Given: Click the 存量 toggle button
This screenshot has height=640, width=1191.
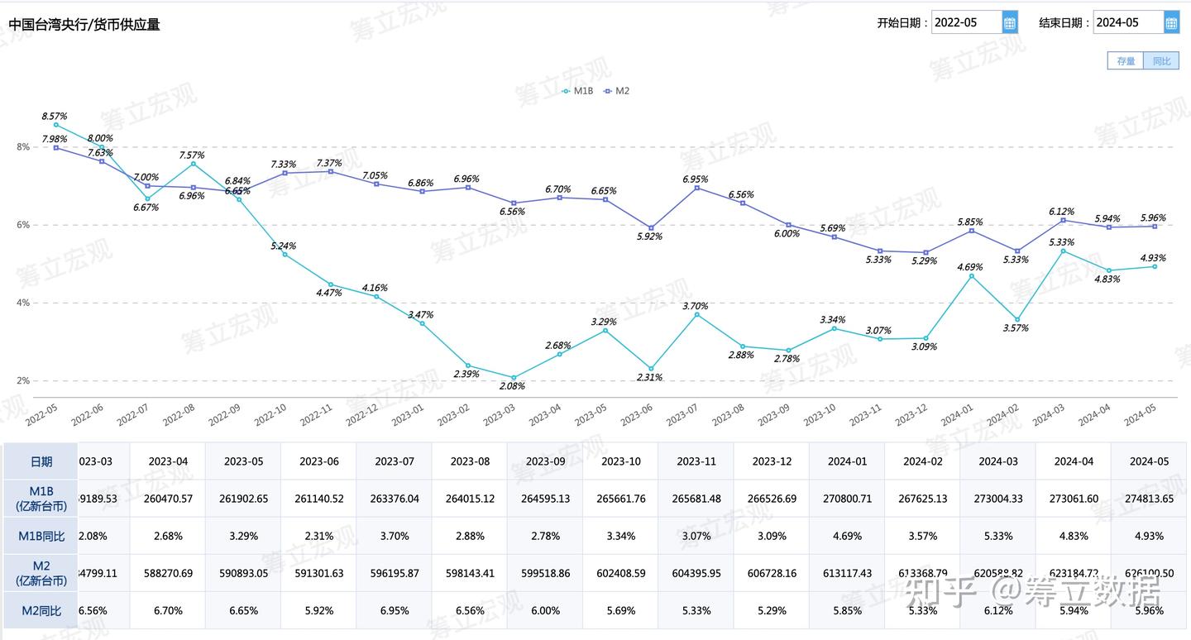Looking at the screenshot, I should coord(1126,61).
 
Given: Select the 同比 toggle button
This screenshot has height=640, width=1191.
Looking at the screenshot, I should coord(1161,61).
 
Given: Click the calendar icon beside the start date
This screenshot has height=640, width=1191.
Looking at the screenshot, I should coord(1010,23).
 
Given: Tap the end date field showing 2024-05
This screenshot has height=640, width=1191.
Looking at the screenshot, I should coord(1127,23).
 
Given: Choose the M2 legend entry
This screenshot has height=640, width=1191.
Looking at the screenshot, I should coord(616,91).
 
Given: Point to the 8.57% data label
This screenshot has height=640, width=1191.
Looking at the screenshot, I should coord(55,117).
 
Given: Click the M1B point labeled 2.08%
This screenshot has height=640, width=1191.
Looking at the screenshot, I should coord(514,378).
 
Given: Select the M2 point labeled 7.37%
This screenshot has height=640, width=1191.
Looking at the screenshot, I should coord(331,171).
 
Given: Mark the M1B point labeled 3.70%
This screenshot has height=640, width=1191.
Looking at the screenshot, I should coord(696,314).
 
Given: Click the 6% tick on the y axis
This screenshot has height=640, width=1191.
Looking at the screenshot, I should coord(23,225).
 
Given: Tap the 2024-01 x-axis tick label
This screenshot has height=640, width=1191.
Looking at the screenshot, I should coord(957,413).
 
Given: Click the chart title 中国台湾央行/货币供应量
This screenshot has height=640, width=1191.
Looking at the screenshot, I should coord(84,25).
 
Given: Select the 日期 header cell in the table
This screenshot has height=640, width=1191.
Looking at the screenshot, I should coord(41,461).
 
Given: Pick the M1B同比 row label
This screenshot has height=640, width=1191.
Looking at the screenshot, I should coord(41,536).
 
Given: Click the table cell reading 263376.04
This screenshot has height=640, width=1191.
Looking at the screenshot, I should coord(394,499).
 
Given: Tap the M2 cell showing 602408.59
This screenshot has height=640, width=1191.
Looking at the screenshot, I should coord(620,573).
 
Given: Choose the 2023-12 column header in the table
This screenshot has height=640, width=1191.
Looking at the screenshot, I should coord(772,461).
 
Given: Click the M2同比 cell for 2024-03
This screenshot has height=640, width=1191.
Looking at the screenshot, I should coord(997,610).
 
